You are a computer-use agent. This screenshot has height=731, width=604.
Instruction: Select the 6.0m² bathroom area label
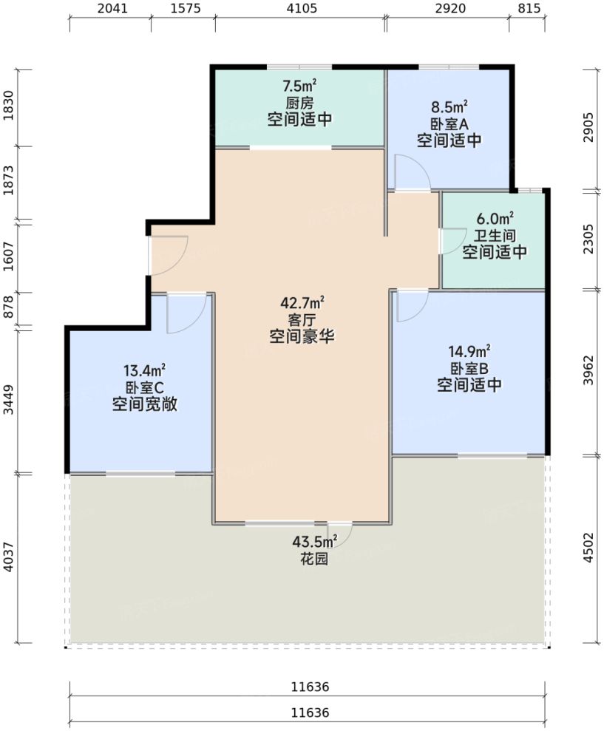coord(495,219)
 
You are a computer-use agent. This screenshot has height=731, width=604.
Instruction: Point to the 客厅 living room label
coord(302,319)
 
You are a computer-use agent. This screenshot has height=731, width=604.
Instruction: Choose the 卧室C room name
coord(144,387)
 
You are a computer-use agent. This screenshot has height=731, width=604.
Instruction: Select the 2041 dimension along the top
coord(111,10)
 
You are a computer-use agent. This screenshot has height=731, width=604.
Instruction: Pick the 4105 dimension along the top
coord(300,10)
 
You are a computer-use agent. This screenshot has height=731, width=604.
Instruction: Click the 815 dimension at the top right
coord(529,10)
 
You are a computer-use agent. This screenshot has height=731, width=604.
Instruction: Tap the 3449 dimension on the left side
coord(10,400)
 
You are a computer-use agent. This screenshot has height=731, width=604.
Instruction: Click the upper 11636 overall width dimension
coord(310,687)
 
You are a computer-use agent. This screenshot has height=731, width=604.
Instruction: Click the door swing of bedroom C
coord(181,313)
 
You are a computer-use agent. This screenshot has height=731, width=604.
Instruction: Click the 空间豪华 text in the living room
coord(302,336)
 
